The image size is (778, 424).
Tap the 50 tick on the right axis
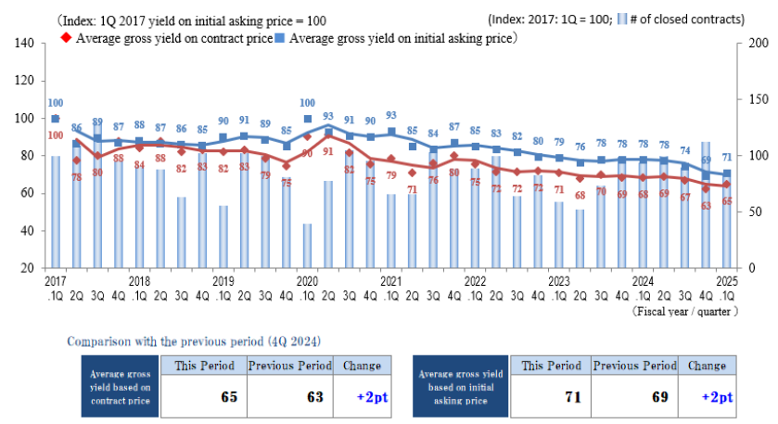point(755,212)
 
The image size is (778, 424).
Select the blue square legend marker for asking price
point(282,39)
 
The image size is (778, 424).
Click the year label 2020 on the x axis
point(307,279)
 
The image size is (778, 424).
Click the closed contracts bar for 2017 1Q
point(56,212)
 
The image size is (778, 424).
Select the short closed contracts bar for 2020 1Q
point(307,245)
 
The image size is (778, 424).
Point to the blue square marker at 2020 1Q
point(307,119)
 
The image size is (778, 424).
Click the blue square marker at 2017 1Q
point(56,119)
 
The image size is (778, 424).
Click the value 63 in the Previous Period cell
point(314,397)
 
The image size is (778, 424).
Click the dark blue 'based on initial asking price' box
point(460,388)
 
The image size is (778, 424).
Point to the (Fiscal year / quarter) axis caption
point(686,311)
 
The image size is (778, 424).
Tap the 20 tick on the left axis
point(28,267)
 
